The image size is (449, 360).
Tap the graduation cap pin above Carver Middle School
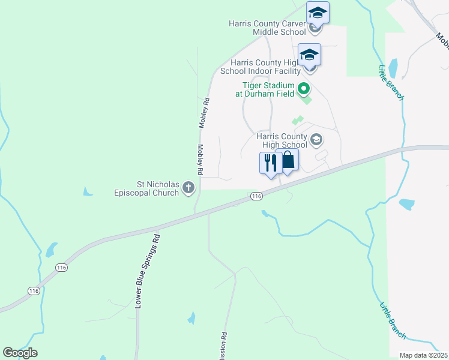click(318, 12)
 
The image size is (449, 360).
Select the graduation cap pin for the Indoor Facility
click(309, 54)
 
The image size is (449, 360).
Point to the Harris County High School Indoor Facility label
click(265, 66)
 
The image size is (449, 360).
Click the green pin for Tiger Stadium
click(304, 89)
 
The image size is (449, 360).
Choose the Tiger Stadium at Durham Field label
click(268, 89)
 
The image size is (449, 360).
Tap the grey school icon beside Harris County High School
click(316, 140)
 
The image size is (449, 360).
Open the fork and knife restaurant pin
click(271, 163)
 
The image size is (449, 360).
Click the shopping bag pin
click(288, 161)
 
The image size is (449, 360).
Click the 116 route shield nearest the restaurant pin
click(256, 196)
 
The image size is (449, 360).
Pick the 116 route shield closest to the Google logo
click(34, 290)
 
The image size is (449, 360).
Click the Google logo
click(20, 353)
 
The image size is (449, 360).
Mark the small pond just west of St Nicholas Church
click(88, 192)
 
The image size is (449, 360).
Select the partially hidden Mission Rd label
click(224, 346)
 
